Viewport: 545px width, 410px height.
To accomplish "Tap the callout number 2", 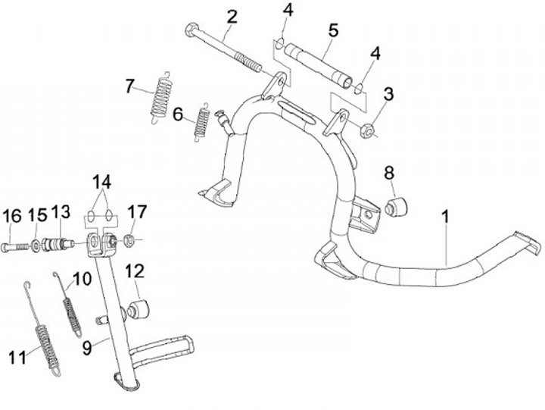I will [232, 15].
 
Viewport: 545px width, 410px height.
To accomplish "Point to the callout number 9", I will [88, 348].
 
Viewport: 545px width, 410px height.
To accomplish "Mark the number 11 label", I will [17, 357].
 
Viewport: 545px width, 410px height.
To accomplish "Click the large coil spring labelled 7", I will [160, 96].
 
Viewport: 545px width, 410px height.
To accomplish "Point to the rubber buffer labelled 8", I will [396, 205].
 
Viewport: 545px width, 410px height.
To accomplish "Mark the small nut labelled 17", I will [129, 241].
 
